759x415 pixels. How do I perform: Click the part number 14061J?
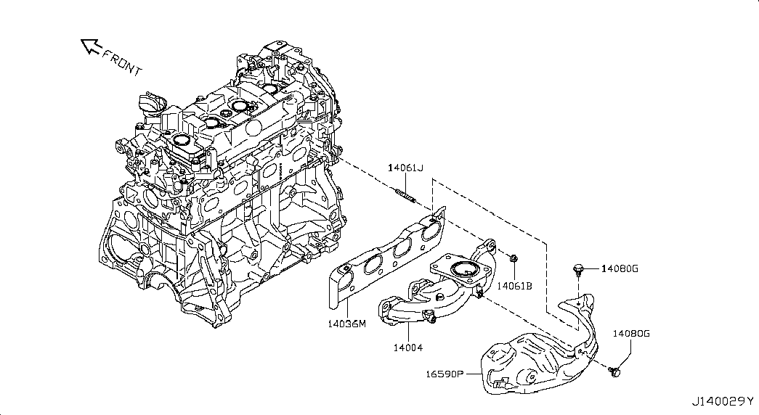405,168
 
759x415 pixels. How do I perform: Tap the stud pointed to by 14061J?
404,195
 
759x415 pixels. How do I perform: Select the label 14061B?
515,286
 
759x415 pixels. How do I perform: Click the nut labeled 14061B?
514,258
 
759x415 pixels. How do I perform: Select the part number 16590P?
445,374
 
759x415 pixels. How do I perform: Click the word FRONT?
123,63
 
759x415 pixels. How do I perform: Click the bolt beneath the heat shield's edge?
615,371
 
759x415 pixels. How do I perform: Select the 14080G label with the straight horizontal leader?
620,269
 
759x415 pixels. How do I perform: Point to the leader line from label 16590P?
473,374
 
